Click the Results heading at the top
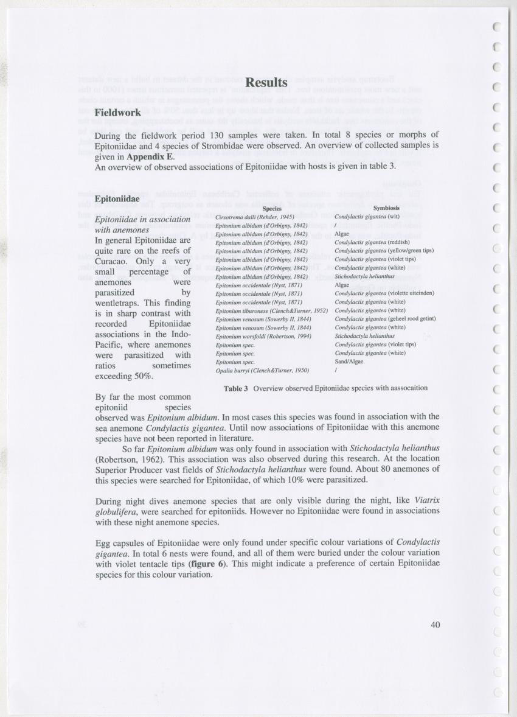(x=266, y=82)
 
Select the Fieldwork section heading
(x=118, y=113)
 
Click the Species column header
(x=271, y=208)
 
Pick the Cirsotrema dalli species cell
(x=255, y=217)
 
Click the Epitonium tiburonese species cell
(x=272, y=310)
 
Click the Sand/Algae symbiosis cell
(x=349, y=361)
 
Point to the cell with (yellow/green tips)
(x=384, y=251)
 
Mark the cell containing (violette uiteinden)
(x=384, y=293)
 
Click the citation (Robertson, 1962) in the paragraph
(x=136, y=459)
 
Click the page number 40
(x=434, y=624)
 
